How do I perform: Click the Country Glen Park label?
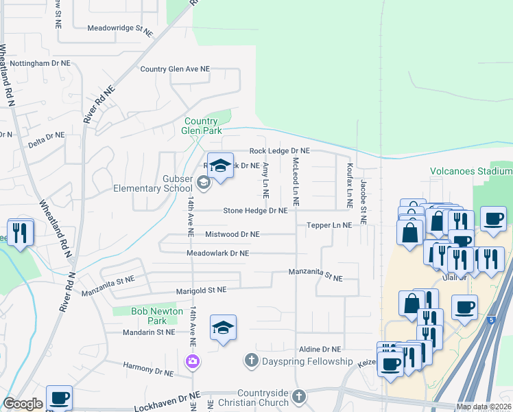200,124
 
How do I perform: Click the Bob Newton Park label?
157,316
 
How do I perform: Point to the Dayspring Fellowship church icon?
251,360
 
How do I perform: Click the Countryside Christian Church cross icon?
298,396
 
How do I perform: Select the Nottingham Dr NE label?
40,63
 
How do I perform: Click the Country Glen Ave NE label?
175,69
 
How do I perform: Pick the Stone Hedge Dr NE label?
254,211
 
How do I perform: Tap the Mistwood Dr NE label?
232,234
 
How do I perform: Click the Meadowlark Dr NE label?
218,253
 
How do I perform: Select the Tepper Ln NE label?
329,225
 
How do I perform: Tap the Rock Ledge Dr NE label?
279,150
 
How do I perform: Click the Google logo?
23,404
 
